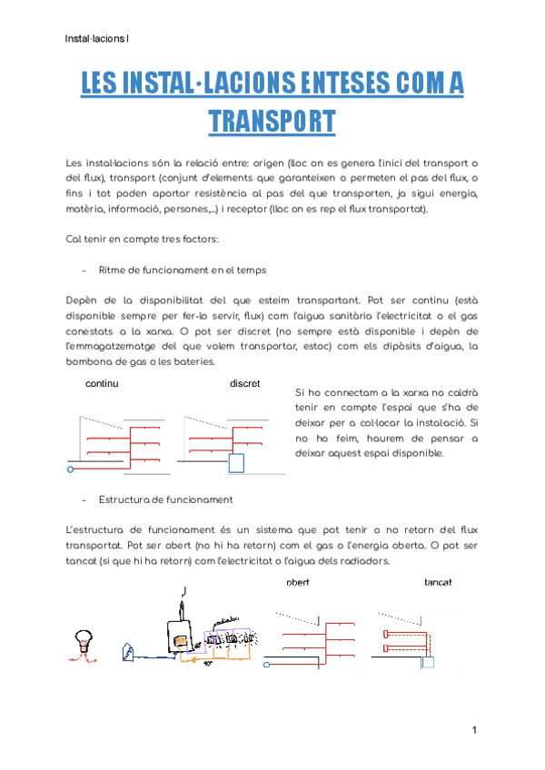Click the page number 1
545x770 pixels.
(x=474, y=730)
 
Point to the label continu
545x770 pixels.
(x=102, y=384)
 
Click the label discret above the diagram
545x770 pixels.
(x=245, y=384)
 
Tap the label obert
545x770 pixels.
(x=298, y=582)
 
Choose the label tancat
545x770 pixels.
(x=439, y=582)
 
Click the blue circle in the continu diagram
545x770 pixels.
(x=71, y=470)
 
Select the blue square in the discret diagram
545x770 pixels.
(x=236, y=464)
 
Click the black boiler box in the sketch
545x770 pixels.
(x=179, y=635)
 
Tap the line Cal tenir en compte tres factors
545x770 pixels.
(x=142, y=240)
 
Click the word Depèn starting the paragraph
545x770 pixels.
(x=84, y=301)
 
